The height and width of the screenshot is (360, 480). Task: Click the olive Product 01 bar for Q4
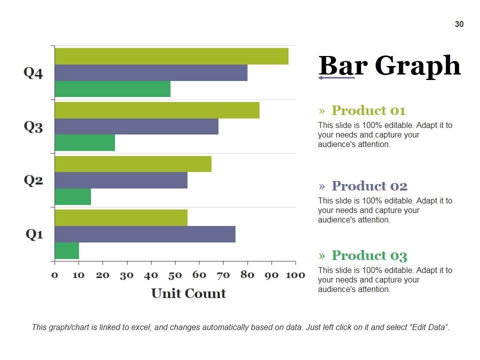171,56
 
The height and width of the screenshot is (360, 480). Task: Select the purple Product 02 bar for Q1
145,234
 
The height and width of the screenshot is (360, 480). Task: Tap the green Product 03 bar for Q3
85,143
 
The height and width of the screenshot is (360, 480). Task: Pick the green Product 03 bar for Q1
67,250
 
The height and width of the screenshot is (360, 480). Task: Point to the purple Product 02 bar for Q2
121,180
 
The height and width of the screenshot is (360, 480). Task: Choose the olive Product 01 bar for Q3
157,110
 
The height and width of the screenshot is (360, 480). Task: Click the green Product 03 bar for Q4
112,89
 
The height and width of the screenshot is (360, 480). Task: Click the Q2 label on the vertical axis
33,180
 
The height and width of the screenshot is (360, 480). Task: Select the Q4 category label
33,73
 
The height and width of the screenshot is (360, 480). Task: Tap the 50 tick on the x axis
175,274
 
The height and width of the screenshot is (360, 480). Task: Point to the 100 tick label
295,274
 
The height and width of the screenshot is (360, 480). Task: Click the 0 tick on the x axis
54,274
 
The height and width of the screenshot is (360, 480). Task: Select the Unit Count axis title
188,293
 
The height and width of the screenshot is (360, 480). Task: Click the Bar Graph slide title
389,65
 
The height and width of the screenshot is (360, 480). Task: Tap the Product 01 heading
368,110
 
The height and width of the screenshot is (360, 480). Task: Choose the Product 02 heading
369,186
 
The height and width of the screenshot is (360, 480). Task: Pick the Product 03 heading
369,255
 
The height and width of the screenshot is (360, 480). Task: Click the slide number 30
459,24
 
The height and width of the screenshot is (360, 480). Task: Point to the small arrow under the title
336,77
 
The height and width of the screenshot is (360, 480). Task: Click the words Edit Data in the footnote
430,327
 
